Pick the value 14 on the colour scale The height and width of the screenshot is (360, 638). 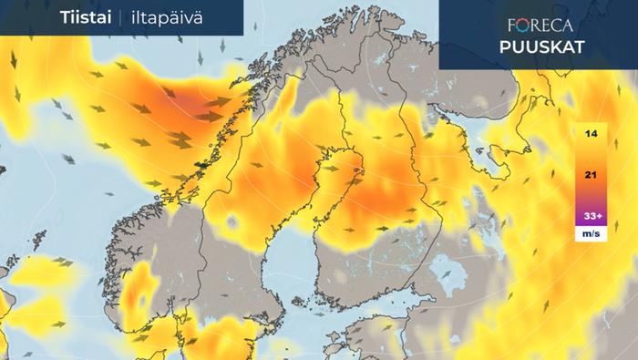591,134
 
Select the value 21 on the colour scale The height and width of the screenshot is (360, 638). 591,174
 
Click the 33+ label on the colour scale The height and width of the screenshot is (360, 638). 591,216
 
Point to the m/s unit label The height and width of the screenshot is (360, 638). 591,234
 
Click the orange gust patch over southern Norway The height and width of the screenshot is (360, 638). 137,296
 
